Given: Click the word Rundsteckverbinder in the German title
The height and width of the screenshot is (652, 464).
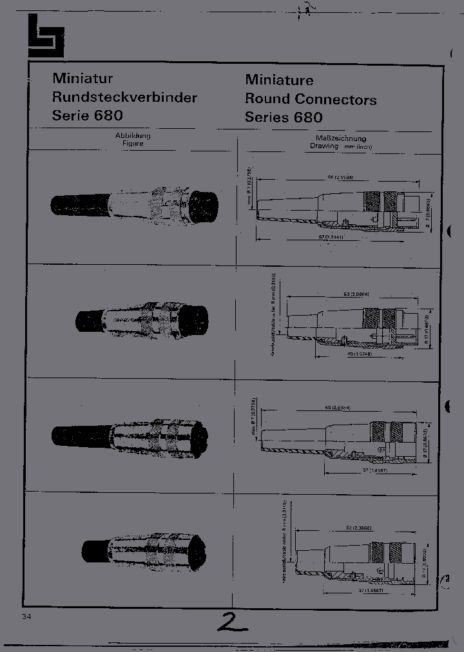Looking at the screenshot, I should [124, 98].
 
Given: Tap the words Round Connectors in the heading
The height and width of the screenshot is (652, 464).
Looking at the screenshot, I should [311, 99].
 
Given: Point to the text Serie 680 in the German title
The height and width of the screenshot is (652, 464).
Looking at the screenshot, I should [87, 117].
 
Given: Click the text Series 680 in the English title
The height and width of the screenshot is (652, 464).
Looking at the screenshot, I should [284, 118].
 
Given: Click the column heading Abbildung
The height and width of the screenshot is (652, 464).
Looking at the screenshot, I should [133, 136].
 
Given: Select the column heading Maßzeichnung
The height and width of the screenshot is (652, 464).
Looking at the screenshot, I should [341, 138].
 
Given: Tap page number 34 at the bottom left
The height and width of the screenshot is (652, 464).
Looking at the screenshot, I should [26, 617].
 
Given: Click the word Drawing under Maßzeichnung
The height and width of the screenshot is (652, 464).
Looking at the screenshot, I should [324, 146].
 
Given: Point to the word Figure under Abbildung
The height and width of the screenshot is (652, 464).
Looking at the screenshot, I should [133, 144].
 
